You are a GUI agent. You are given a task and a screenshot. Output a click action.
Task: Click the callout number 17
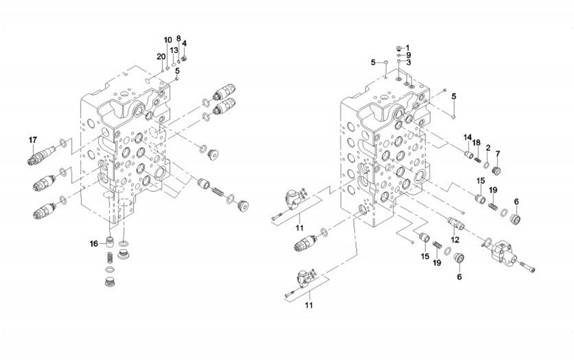point(33,140)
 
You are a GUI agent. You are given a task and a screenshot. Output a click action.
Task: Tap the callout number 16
point(95,243)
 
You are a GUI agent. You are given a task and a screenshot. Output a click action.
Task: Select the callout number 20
point(161,57)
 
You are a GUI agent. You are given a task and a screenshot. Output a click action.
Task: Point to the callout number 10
point(168,40)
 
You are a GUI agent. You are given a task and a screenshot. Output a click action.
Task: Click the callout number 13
point(173,51)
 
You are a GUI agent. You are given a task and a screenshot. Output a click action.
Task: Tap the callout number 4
point(185,43)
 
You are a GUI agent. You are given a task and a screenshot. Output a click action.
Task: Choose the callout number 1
point(408,47)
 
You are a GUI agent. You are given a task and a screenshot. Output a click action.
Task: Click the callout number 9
point(409,55)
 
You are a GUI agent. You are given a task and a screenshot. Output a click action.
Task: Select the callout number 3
point(409,62)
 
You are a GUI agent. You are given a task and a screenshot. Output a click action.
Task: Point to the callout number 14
point(467,137)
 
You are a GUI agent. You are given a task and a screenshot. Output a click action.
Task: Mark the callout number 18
point(477,143)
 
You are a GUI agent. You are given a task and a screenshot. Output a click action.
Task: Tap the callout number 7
point(498,153)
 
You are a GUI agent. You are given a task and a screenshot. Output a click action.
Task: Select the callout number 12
point(455,240)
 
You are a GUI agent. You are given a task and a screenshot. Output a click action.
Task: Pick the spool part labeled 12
point(456,223)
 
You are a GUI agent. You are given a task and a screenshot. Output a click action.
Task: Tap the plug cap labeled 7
point(496,170)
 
